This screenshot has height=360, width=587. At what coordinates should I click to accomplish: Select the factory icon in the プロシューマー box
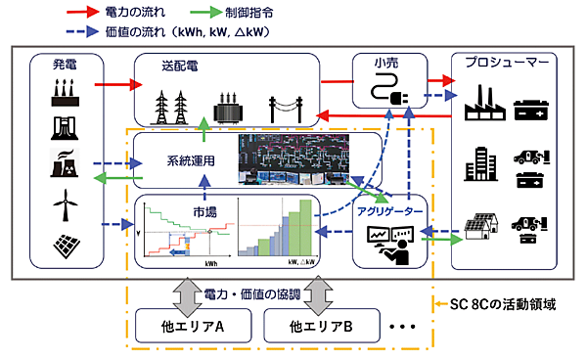click(x=484, y=102)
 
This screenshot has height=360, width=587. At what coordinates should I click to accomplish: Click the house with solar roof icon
click(x=481, y=227)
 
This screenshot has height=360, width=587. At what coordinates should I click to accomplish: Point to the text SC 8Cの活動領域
click(x=497, y=304)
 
